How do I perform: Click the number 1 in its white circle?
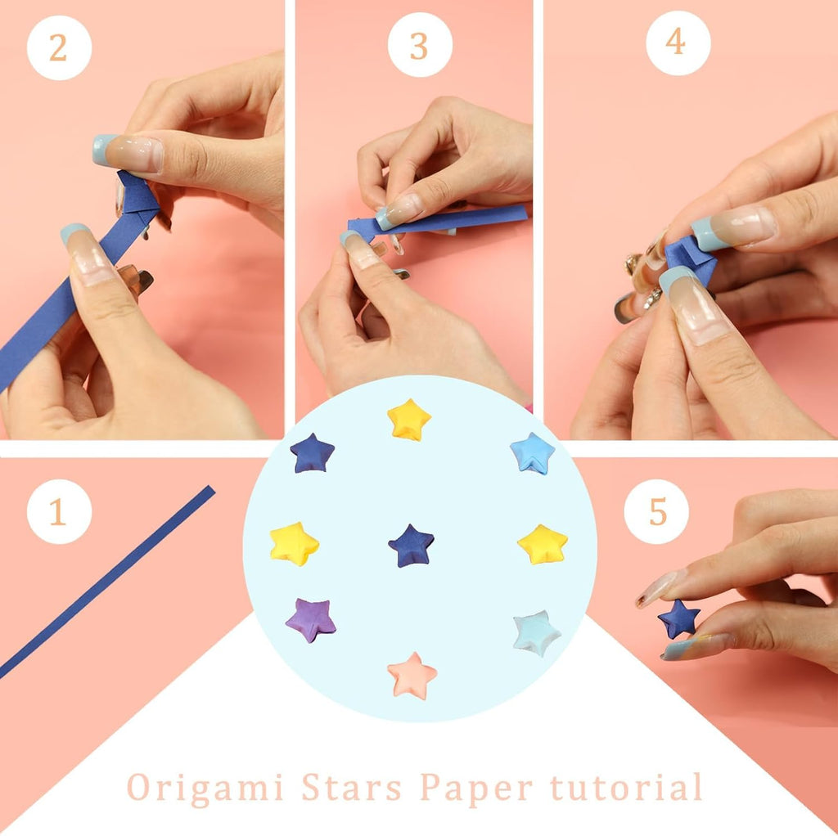[58, 512]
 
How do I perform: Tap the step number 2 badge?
[58, 47]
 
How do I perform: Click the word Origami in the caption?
[205, 787]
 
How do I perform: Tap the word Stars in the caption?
[352, 787]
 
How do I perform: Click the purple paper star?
[311, 619]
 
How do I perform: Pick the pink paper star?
[412, 675]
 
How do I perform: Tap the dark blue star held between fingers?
[679, 618]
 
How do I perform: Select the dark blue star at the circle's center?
[411, 546]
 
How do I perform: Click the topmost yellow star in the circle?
[409, 420]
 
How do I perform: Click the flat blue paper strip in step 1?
[106, 582]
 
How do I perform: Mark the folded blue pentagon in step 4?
[690, 260]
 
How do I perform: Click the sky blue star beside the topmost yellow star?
[532, 453]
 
